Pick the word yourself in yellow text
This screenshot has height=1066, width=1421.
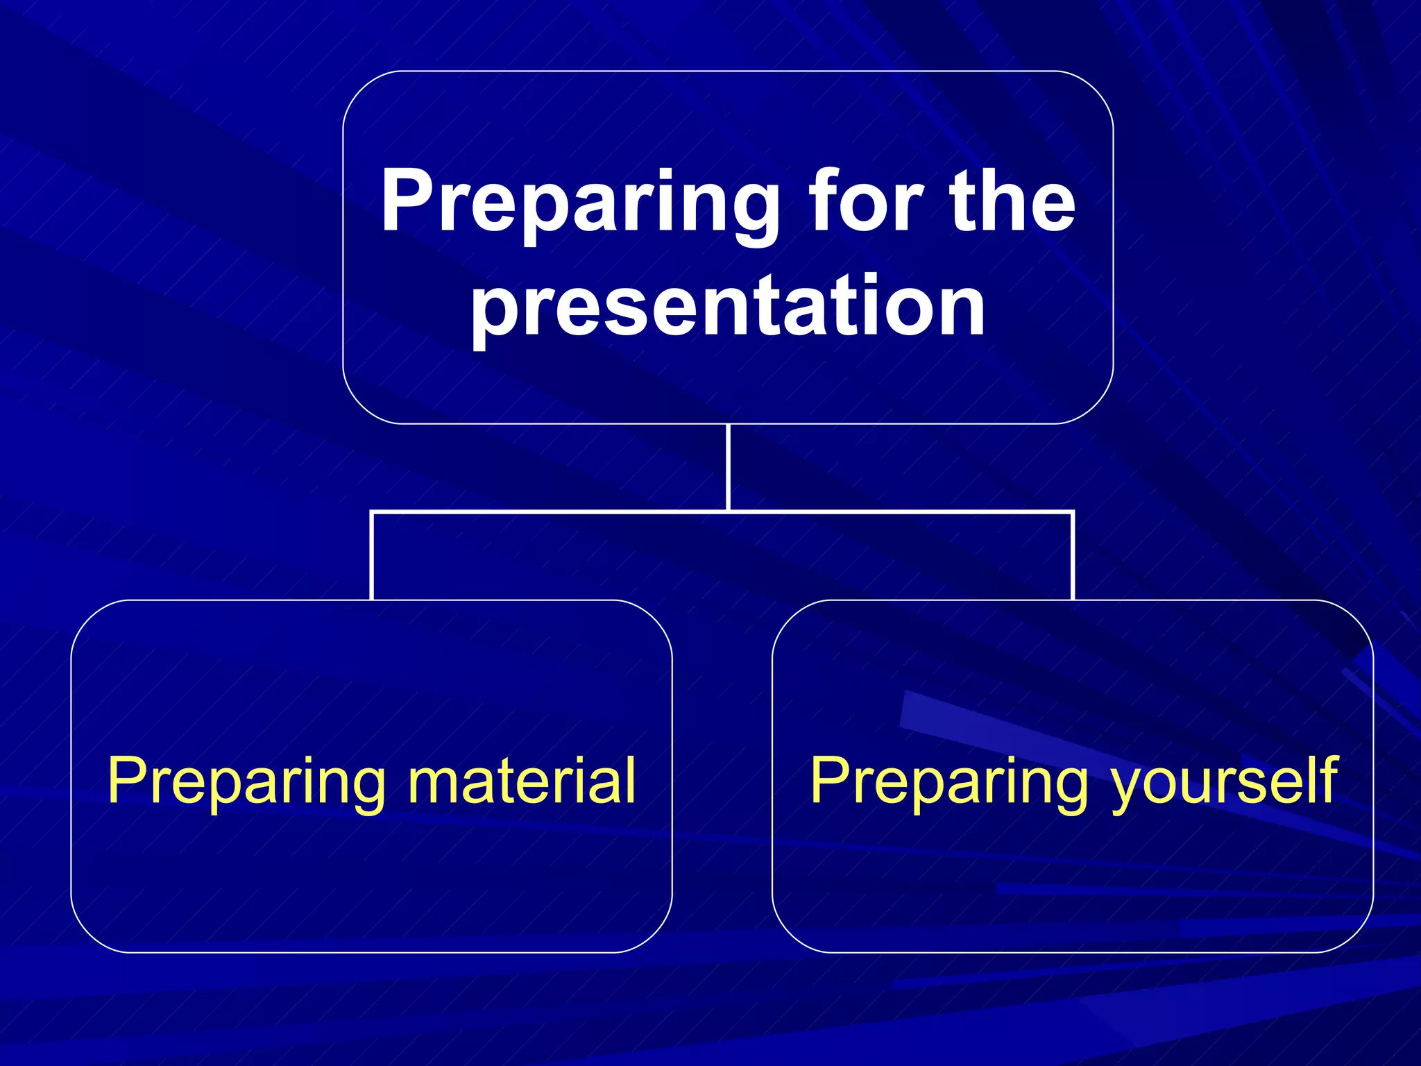coord(1225,783)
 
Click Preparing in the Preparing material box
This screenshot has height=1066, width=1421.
coord(246,783)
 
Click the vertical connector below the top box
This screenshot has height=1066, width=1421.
coord(728,466)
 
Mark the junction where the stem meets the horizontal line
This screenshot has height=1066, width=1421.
coord(728,512)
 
